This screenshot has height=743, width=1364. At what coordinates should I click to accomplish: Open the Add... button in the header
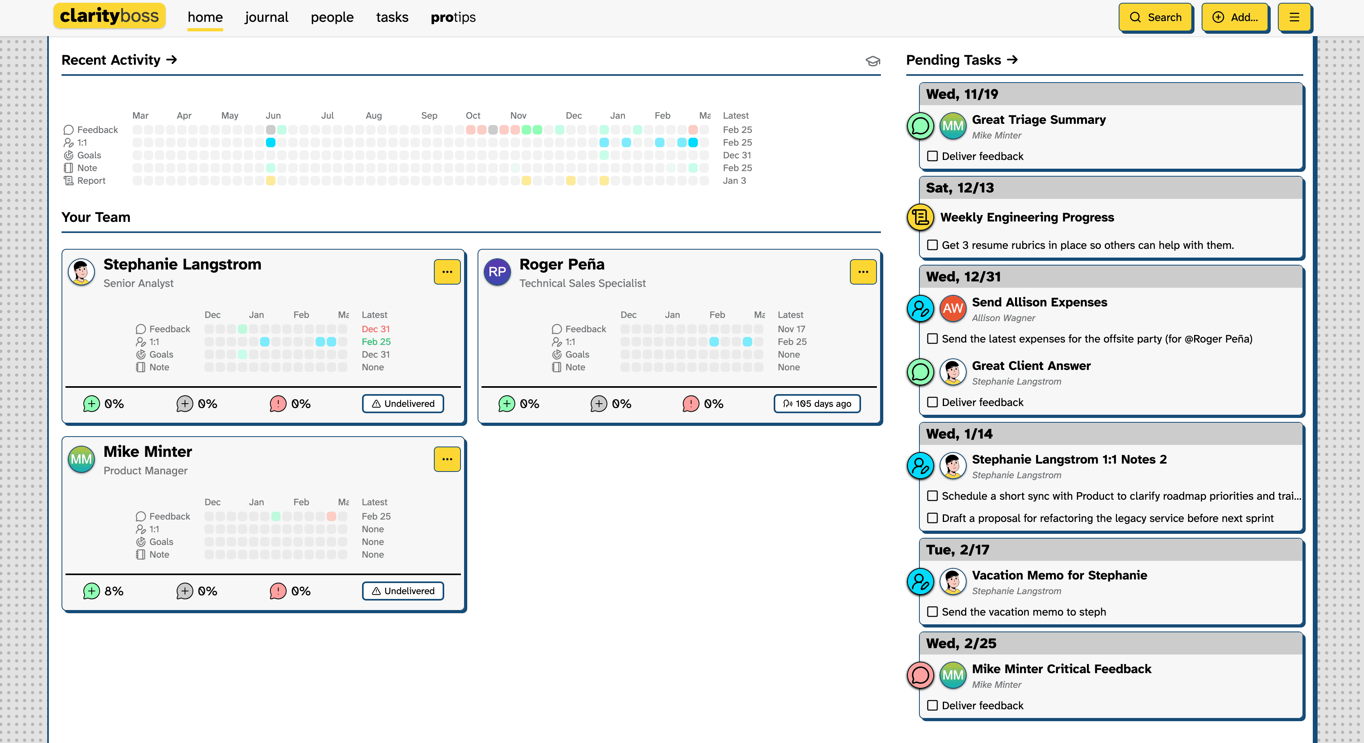[1235, 17]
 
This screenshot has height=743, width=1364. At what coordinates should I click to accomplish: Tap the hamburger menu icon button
[1294, 17]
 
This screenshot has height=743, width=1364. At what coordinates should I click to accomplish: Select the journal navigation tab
[266, 17]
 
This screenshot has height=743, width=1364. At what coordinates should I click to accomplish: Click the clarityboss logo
[109, 16]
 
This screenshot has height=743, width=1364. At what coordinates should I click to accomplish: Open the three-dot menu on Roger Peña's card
[863, 271]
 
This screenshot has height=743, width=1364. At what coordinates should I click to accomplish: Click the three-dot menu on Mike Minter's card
[447, 459]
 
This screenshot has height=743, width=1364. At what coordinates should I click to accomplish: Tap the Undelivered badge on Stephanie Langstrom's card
[403, 404]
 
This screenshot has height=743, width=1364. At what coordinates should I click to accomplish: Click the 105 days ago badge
[817, 404]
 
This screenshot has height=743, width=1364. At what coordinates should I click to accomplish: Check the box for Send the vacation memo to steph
[932, 612]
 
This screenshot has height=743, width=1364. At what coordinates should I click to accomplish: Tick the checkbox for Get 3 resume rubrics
[932, 245]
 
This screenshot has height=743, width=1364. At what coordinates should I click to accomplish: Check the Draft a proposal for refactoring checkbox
[932, 518]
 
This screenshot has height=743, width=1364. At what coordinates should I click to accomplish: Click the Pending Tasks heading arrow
[1012, 60]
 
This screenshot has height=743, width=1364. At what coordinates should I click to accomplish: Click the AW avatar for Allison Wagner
[953, 308]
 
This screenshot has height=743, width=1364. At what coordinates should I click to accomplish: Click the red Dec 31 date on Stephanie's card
[376, 329]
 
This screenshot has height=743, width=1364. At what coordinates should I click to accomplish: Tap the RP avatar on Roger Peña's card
[497, 271]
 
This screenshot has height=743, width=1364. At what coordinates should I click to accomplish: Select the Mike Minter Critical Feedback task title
[1061, 669]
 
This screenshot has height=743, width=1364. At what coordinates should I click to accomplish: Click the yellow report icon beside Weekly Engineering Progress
[920, 217]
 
